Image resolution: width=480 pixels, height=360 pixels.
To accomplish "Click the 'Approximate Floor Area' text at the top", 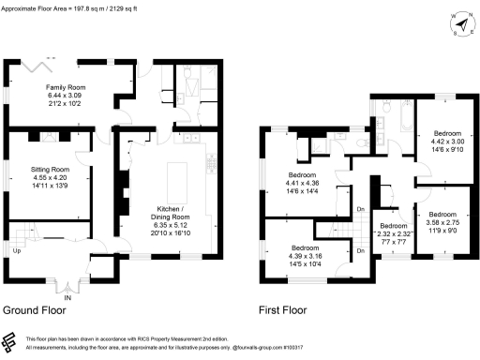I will coord(56,5).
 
